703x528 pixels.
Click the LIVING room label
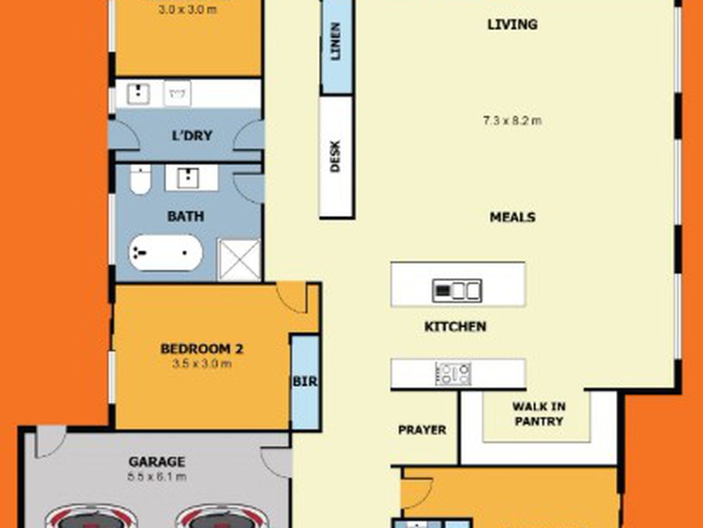click(x=512, y=25)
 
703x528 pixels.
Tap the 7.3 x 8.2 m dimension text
click(x=512, y=121)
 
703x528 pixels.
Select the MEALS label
click(x=512, y=218)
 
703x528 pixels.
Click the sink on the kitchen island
click(x=457, y=290)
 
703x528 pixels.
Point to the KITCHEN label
click(x=455, y=327)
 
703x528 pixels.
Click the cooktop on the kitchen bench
click(x=453, y=374)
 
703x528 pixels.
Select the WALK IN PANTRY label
click(x=538, y=414)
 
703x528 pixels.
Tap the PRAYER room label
click(x=422, y=430)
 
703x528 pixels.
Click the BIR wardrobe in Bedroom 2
click(x=305, y=382)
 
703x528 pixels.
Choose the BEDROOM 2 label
click(x=202, y=349)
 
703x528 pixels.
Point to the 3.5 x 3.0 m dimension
click(x=202, y=364)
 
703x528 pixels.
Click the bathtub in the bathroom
click(x=165, y=253)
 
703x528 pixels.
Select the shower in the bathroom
click(x=239, y=259)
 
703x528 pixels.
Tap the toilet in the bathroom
click(x=140, y=180)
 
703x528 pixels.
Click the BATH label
click(x=186, y=216)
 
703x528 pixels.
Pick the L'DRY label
click(x=192, y=136)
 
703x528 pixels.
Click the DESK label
click(x=336, y=157)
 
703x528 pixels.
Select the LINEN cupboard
click(x=336, y=42)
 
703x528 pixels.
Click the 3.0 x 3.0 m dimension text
click(x=188, y=10)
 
